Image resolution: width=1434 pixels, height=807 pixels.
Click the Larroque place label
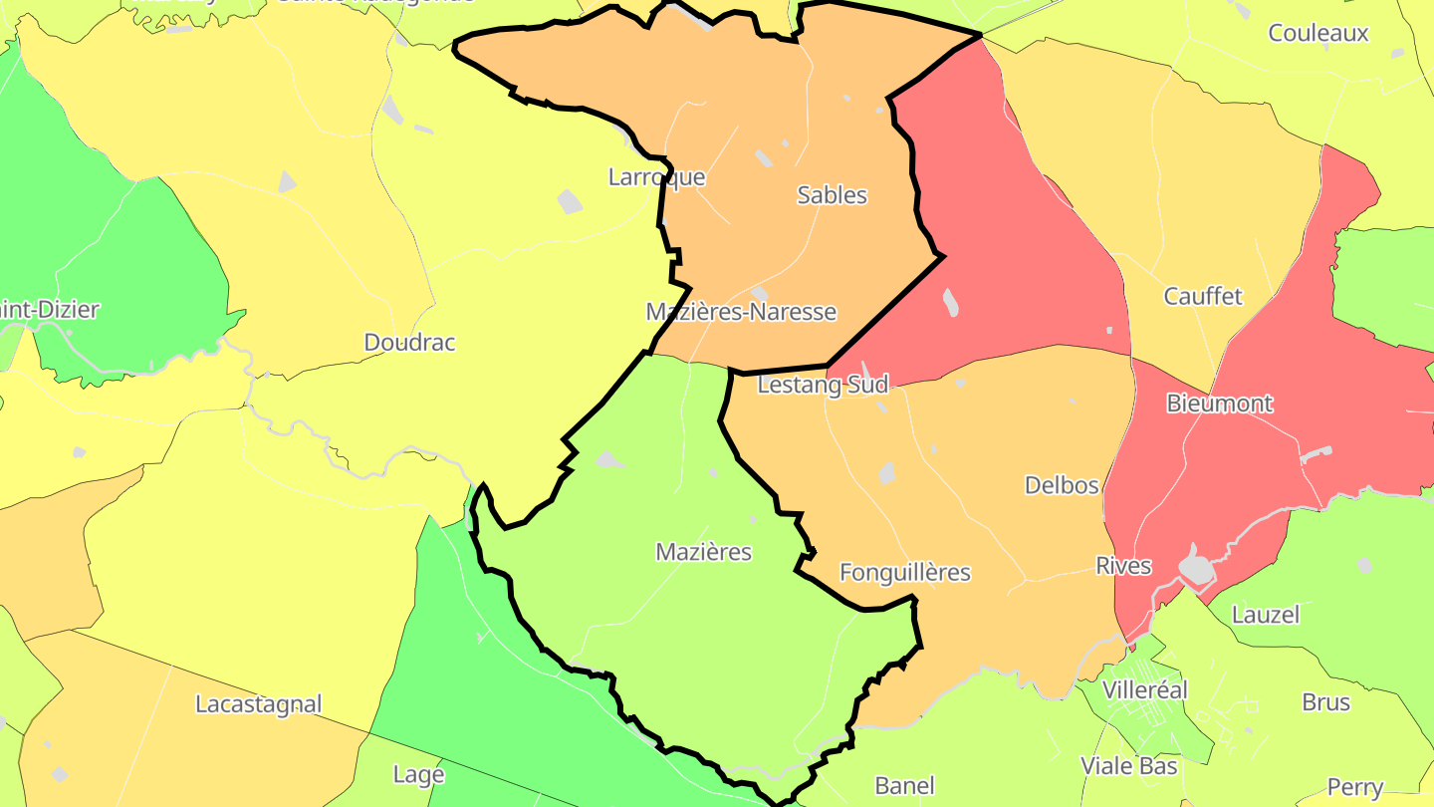pos(656,177)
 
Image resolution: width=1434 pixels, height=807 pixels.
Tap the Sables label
pos(832,195)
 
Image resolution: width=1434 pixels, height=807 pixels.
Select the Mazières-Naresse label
pos(741,312)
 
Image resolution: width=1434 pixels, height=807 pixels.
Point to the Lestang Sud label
pos(823,384)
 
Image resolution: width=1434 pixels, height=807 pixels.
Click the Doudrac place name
pos(409,343)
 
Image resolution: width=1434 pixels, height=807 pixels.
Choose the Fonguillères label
pos(904,573)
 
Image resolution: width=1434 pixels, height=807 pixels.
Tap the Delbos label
pos(1062,485)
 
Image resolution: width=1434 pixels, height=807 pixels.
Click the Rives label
pos(1123,566)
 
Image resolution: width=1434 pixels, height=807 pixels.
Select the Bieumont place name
pos(1219,403)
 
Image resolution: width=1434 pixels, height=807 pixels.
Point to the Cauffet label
pos(1203,296)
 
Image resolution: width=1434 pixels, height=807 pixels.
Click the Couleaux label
pos(1317,33)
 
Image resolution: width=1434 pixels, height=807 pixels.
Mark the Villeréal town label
pos(1145,690)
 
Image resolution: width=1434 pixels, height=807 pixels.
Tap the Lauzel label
pos(1266,615)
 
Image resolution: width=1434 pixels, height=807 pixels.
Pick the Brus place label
pos(1325,701)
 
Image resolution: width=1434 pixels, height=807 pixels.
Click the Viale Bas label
pos(1129,766)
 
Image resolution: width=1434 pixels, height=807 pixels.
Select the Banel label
pos(904,785)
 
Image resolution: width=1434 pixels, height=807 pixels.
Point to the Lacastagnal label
pos(258,704)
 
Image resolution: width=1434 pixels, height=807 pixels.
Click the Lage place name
pos(418,774)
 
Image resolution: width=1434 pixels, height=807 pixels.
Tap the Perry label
pos(1354,787)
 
